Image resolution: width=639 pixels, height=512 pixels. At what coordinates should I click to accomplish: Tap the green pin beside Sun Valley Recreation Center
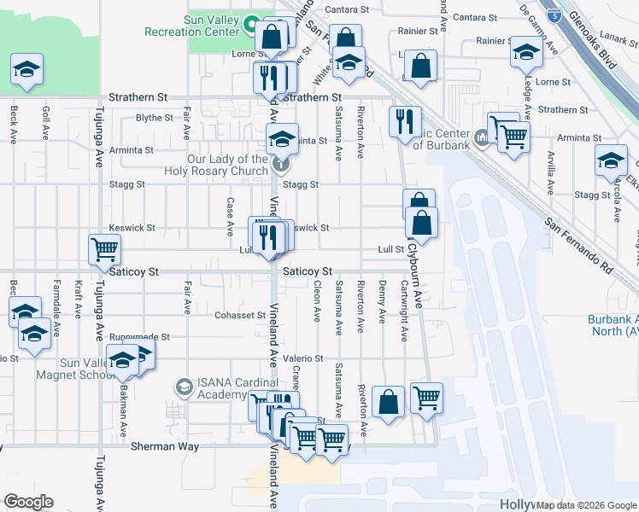252,25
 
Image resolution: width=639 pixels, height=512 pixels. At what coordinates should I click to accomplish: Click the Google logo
29,502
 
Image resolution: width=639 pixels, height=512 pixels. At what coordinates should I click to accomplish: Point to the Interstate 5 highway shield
555,15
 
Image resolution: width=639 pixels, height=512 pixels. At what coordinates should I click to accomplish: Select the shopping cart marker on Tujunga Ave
104,250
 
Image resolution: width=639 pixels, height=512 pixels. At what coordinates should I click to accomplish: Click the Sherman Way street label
165,446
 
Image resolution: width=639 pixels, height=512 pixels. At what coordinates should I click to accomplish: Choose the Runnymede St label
140,337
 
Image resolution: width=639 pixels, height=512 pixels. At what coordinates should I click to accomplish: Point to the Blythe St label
155,118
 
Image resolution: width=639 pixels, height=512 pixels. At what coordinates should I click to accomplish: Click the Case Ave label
230,217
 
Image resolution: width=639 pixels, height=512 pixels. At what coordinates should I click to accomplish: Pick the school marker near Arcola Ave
612,160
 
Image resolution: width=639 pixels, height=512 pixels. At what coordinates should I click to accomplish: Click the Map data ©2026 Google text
587,504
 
